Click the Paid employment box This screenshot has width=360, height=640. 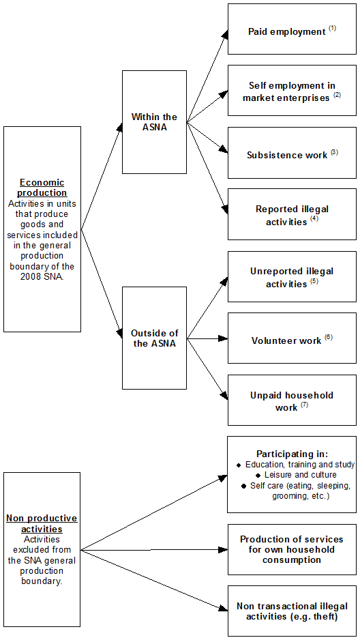[x=292, y=29]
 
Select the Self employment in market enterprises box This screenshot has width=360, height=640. [x=292, y=91]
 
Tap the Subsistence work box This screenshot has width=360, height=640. [x=292, y=153]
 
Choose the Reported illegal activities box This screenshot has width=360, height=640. [x=292, y=214]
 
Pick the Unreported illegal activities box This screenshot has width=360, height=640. [x=292, y=276]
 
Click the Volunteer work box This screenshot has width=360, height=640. [x=292, y=338]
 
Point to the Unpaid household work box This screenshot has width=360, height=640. [x=292, y=401]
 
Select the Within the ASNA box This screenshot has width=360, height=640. [x=154, y=121]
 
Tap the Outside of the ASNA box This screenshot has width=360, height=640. [x=154, y=338]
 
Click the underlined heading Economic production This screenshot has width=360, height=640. [x=42, y=188]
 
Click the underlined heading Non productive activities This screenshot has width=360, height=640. [x=42, y=523]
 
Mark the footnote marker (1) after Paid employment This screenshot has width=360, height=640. [x=332, y=29]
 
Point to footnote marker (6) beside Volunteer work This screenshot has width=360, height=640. [x=328, y=337]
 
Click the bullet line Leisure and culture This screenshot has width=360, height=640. [x=295, y=475]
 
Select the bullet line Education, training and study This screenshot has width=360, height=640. [x=295, y=465]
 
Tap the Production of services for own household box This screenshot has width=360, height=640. [x=292, y=549]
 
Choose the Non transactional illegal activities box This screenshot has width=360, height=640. [x=292, y=611]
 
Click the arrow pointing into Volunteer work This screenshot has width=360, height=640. [x=222, y=338]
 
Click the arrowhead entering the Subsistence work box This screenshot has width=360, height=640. [x=223, y=149]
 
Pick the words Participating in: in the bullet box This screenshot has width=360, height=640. [x=292, y=454]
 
